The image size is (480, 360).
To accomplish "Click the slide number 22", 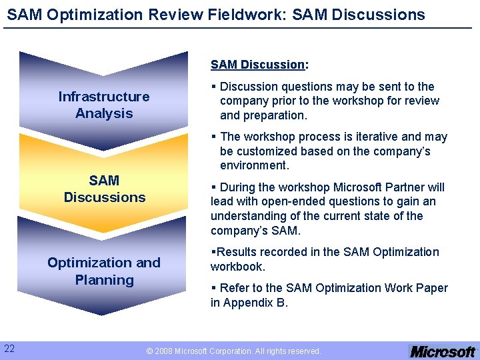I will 10,348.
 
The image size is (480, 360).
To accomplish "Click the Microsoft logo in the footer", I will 443,351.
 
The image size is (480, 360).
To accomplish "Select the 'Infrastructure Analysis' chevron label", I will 104,105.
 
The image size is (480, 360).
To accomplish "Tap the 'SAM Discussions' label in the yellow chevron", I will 105,189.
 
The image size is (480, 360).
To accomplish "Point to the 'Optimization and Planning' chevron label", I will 104,271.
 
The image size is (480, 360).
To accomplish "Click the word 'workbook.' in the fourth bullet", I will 238,267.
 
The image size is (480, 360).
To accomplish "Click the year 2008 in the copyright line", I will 163,351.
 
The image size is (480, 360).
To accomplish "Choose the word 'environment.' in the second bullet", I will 254,166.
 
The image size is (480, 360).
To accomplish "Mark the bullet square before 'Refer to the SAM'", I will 213,288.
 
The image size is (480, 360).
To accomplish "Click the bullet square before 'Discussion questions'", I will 213,87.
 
